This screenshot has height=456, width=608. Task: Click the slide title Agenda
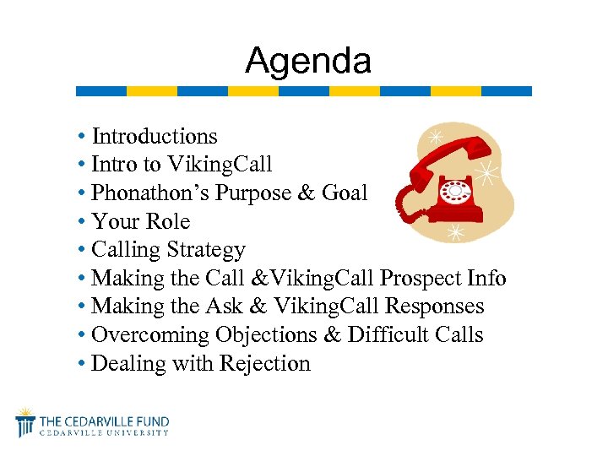(307, 61)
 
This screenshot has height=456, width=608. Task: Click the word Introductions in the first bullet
(155, 136)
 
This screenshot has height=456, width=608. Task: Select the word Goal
(345, 193)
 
